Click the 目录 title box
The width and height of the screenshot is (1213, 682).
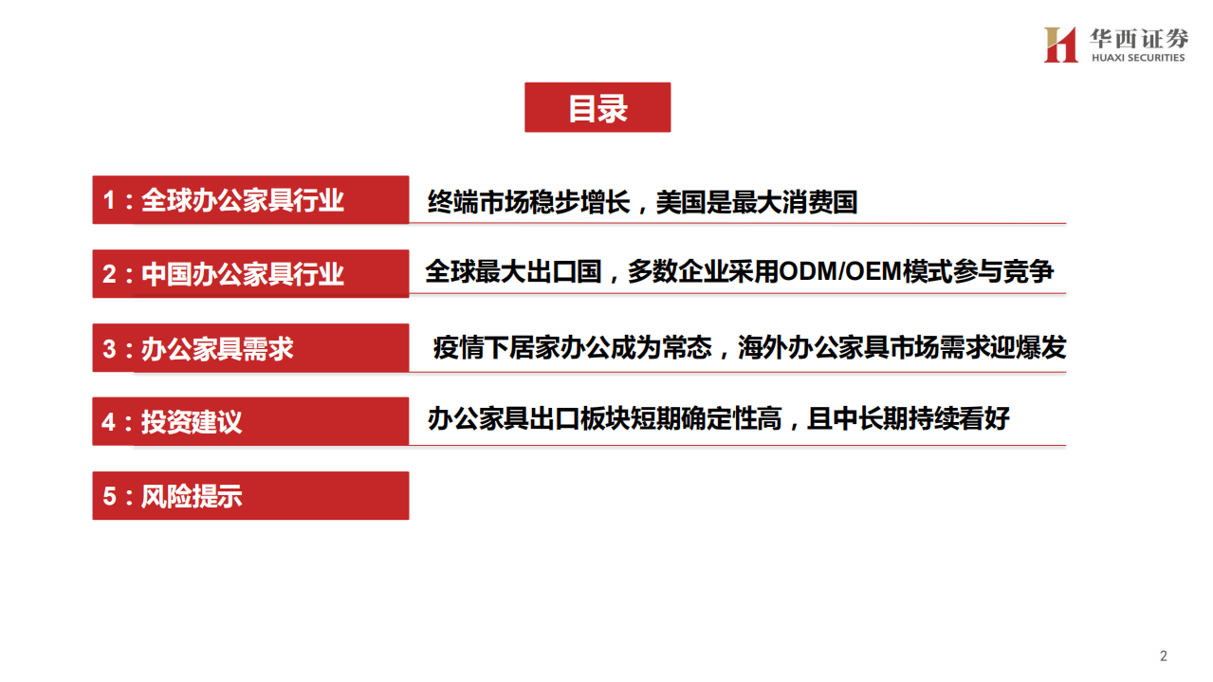[x=597, y=107]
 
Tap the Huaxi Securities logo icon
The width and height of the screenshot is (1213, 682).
[x=1060, y=45]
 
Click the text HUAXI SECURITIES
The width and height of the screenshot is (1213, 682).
[x=1138, y=58]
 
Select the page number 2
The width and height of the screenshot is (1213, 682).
[x=1164, y=655]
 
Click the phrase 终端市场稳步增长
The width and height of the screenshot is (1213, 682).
[x=528, y=202]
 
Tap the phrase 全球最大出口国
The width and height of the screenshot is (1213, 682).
[x=513, y=272]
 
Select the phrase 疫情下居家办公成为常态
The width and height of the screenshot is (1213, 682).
[x=572, y=347]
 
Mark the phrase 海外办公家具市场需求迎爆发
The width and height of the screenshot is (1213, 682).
[x=902, y=347]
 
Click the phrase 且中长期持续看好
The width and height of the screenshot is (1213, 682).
[x=908, y=418]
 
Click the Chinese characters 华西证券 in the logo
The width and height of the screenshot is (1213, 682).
[x=1138, y=38]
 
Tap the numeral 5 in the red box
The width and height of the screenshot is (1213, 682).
[x=109, y=496]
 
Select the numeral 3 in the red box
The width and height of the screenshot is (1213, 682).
[x=109, y=348]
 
